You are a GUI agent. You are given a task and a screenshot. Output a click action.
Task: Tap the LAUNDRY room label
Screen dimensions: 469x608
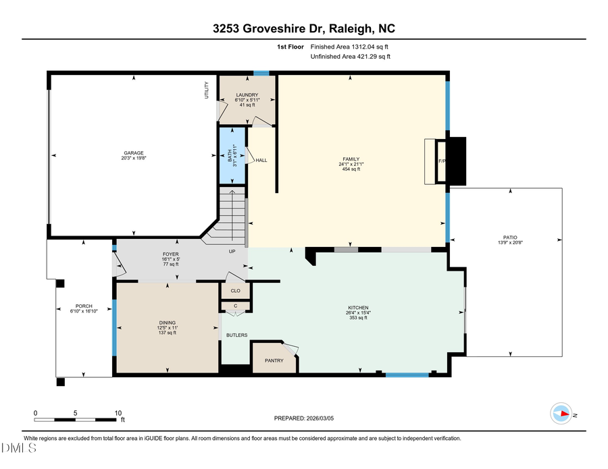pos(247,95)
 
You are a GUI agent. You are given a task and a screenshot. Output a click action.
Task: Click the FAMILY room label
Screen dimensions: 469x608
pos(350,159)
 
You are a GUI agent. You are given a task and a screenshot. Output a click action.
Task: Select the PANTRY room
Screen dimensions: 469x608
pos(274,360)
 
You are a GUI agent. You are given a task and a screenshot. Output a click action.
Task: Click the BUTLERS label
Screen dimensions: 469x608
pos(236,335)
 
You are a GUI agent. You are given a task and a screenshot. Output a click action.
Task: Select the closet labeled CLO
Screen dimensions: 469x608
pos(236,291)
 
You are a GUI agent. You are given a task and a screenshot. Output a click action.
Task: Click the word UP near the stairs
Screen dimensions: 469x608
pos(231,251)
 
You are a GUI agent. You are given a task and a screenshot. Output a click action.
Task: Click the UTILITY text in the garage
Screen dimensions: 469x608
pos(207,90)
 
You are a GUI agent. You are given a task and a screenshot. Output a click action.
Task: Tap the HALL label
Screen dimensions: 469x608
pos(261,160)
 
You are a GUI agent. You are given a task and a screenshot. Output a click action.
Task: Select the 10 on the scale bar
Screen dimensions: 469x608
pos(118,412)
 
